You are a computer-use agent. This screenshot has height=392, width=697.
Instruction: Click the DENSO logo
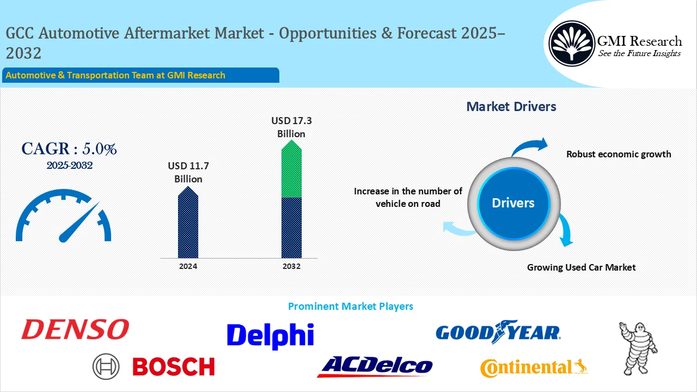click(x=75, y=329)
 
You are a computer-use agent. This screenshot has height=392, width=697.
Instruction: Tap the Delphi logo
click(x=270, y=336)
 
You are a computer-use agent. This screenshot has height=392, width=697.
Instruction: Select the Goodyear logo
click(x=498, y=332)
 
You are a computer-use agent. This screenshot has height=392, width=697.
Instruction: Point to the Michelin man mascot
click(x=638, y=345)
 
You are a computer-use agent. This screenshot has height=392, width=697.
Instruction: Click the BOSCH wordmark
click(x=174, y=367)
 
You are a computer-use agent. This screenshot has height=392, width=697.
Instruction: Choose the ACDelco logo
click(x=375, y=366)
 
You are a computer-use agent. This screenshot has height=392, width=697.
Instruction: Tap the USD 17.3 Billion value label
click(x=291, y=127)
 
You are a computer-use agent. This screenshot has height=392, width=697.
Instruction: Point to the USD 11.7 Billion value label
click(x=188, y=172)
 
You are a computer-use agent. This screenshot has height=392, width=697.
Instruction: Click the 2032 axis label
click(x=291, y=267)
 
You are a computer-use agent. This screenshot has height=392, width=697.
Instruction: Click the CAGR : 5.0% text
click(x=69, y=149)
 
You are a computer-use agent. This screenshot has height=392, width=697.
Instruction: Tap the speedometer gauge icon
click(x=64, y=217)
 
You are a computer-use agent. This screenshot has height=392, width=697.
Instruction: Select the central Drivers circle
click(x=513, y=203)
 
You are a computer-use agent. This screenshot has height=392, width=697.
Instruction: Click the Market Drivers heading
click(x=511, y=107)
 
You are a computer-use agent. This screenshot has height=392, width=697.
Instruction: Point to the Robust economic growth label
click(x=619, y=154)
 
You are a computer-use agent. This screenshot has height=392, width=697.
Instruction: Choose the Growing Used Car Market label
click(x=581, y=267)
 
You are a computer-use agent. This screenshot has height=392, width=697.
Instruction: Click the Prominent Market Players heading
click(x=350, y=307)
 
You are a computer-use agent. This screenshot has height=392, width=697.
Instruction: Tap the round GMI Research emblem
click(x=571, y=43)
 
